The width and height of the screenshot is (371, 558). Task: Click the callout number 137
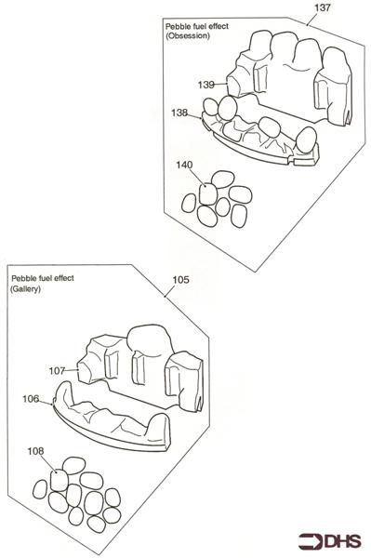click(322, 7)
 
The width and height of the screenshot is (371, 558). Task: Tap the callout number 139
click(205, 85)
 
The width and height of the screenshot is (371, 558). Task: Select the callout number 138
click(179, 113)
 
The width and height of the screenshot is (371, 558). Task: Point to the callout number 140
click(184, 165)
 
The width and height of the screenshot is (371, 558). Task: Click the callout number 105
click(180, 280)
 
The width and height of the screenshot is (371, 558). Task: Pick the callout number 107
click(57, 371)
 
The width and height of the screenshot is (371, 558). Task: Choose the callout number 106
click(31, 399)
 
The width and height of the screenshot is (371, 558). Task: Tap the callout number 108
click(35, 451)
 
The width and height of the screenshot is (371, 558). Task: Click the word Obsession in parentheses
click(188, 35)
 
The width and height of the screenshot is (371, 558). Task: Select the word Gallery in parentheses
click(26, 288)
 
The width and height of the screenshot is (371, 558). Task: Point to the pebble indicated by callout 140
click(208, 194)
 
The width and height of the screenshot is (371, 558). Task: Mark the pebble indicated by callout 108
click(60, 480)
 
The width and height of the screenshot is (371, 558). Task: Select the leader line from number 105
click(170, 291)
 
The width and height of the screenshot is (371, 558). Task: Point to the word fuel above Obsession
click(197, 26)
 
